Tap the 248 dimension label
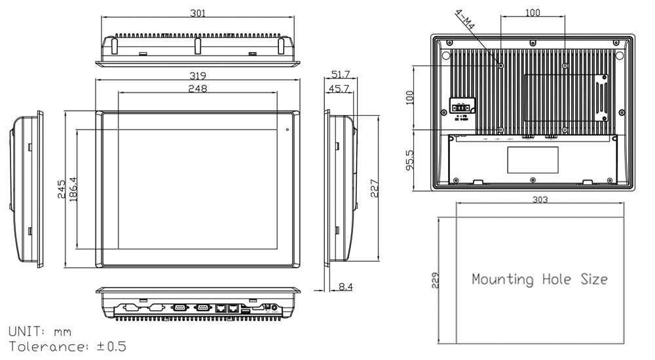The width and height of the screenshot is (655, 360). [x=197, y=88]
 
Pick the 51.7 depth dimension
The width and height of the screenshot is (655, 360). [x=341, y=75]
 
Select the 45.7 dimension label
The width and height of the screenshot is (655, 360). [x=341, y=88]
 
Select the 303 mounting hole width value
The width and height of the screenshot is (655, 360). [x=540, y=200]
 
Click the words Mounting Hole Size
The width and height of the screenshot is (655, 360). [x=540, y=279]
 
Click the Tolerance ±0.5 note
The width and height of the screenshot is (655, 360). [x=66, y=346]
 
